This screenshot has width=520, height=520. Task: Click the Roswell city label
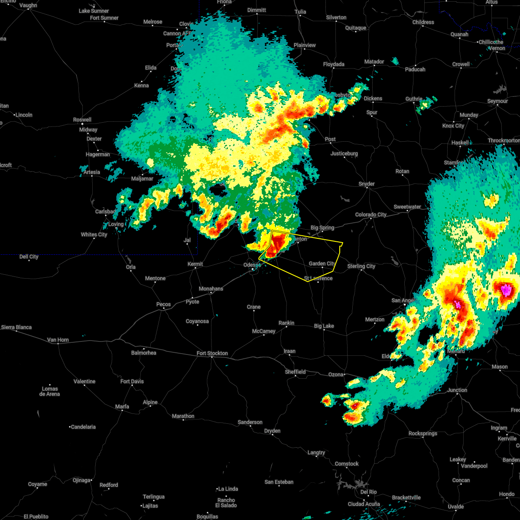tap(82, 120)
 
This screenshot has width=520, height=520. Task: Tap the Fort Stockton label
tap(212, 353)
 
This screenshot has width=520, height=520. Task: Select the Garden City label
tap(322, 263)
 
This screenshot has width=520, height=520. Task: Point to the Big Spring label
tap(322, 227)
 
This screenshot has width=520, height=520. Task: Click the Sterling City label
tap(361, 266)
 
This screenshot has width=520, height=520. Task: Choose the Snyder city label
tap(367, 184)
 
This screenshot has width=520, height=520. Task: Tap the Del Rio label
tap(368, 492)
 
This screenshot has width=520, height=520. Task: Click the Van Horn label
tap(58, 340)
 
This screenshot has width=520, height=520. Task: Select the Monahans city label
tap(211, 289)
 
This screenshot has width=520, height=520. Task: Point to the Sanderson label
tap(250, 422)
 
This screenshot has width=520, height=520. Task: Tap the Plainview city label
tap(305, 45)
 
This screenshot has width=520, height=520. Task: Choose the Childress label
tap(423, 22)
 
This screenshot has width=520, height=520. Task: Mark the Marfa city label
tap(122, 406)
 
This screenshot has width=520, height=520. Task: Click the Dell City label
tap(29, 257)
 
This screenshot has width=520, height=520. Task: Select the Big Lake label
tap(324, 326)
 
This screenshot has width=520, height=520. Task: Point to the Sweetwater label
tap(407, 207)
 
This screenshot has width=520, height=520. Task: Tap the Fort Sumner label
tap(104, 18)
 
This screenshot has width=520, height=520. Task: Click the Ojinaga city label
tap(81, 480)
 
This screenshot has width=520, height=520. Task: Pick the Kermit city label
tap(195, 264)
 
